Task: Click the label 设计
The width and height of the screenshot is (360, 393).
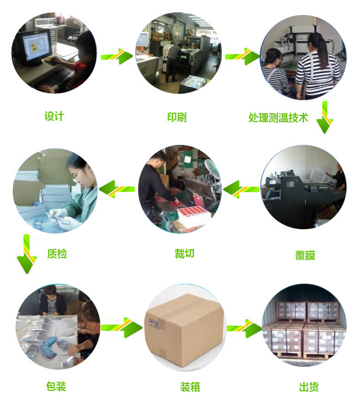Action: click(54, 116)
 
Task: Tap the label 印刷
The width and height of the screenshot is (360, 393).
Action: click(177, 117)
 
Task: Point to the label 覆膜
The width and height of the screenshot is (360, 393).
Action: click(305, 256)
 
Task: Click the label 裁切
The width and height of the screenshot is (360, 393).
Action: click(185, 254)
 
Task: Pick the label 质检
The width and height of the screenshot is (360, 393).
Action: click(57, 254)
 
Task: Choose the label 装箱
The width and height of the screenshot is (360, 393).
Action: click(190, 386)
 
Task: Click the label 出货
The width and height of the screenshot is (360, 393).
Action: click(309, 386)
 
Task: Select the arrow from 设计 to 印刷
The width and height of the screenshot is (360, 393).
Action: click(118, 56)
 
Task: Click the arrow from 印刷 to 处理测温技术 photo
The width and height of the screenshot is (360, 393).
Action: click(242, 56)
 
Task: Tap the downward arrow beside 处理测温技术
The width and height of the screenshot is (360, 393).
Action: click(324, 117)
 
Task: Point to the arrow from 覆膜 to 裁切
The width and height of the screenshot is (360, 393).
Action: click(241, 189)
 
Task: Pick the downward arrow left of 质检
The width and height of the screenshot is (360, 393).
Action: click(26, 254)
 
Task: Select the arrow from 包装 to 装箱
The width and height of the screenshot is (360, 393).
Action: click(122, 326)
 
